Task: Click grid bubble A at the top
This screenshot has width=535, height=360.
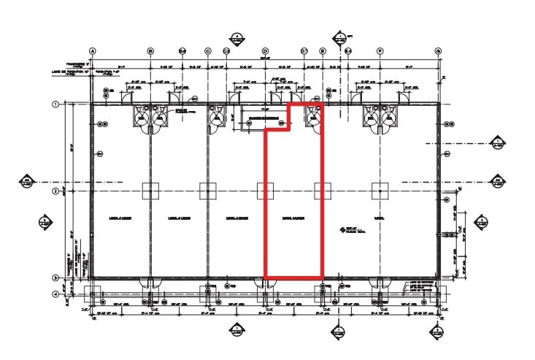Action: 93,51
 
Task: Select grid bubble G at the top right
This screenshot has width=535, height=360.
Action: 438,51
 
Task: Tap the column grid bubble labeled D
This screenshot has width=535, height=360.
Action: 265,51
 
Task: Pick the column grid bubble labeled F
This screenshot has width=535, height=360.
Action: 380,51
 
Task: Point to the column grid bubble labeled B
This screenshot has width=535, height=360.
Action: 150,51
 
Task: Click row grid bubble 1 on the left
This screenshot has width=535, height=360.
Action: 55,104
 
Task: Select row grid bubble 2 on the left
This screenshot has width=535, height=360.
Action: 55,191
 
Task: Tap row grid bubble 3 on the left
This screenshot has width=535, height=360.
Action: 55,278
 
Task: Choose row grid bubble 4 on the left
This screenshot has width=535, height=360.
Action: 55,294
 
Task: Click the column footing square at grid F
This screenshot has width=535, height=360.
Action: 380,191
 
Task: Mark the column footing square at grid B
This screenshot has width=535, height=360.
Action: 150,191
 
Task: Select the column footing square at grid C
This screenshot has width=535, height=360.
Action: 208,191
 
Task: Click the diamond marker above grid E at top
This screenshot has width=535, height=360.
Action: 340,38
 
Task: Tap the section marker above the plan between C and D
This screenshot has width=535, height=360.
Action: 236,38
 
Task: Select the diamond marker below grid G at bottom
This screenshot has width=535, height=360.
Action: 438,332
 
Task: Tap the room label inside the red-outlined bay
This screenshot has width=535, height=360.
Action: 293,218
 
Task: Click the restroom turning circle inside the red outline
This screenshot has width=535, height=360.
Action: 315,117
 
